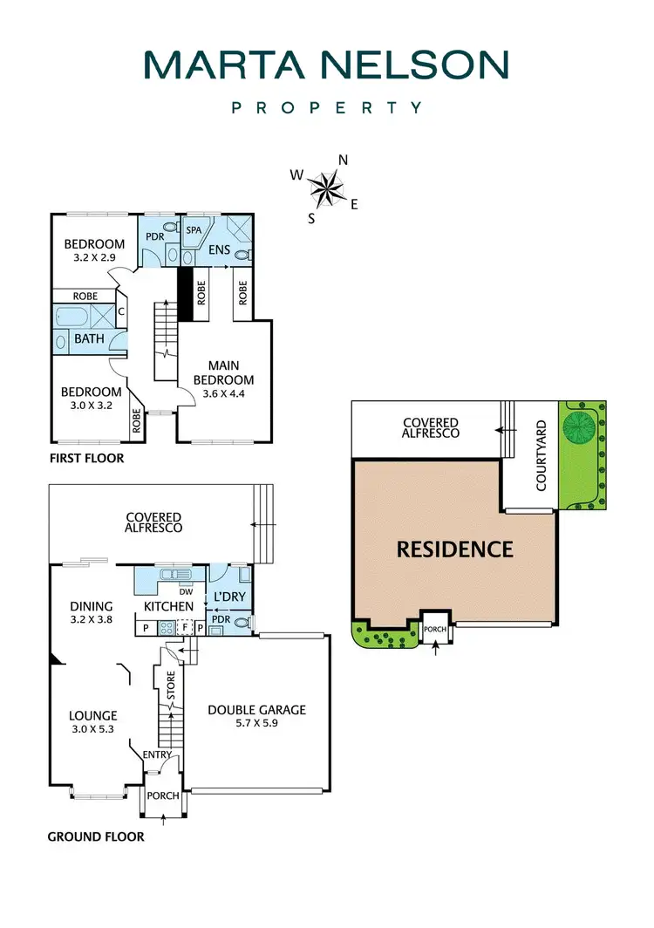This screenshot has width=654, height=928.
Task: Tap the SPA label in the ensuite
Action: pos(194,229)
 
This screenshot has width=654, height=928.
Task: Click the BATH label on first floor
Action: pos(89,338)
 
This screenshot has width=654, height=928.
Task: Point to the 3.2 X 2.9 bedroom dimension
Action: pos(94,258)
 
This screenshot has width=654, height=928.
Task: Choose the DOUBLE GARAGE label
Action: pos(256,710)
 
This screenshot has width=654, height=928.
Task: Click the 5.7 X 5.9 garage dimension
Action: pos(256,724)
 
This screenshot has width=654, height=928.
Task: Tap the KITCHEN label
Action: pos(168,606)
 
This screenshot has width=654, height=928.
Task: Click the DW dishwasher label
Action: pos(186,590)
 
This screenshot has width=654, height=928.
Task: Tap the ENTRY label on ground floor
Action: pos(157,754)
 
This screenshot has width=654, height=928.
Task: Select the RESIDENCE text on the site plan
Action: pos(454,549)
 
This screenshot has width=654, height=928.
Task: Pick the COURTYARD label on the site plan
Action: pos(541,455)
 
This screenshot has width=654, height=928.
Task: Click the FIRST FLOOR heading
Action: pos(87,458)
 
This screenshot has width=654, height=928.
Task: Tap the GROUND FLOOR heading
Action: pos(95,837)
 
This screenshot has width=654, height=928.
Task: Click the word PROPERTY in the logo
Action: pos(326,108)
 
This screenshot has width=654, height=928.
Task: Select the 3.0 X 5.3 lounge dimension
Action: pos(92,730)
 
